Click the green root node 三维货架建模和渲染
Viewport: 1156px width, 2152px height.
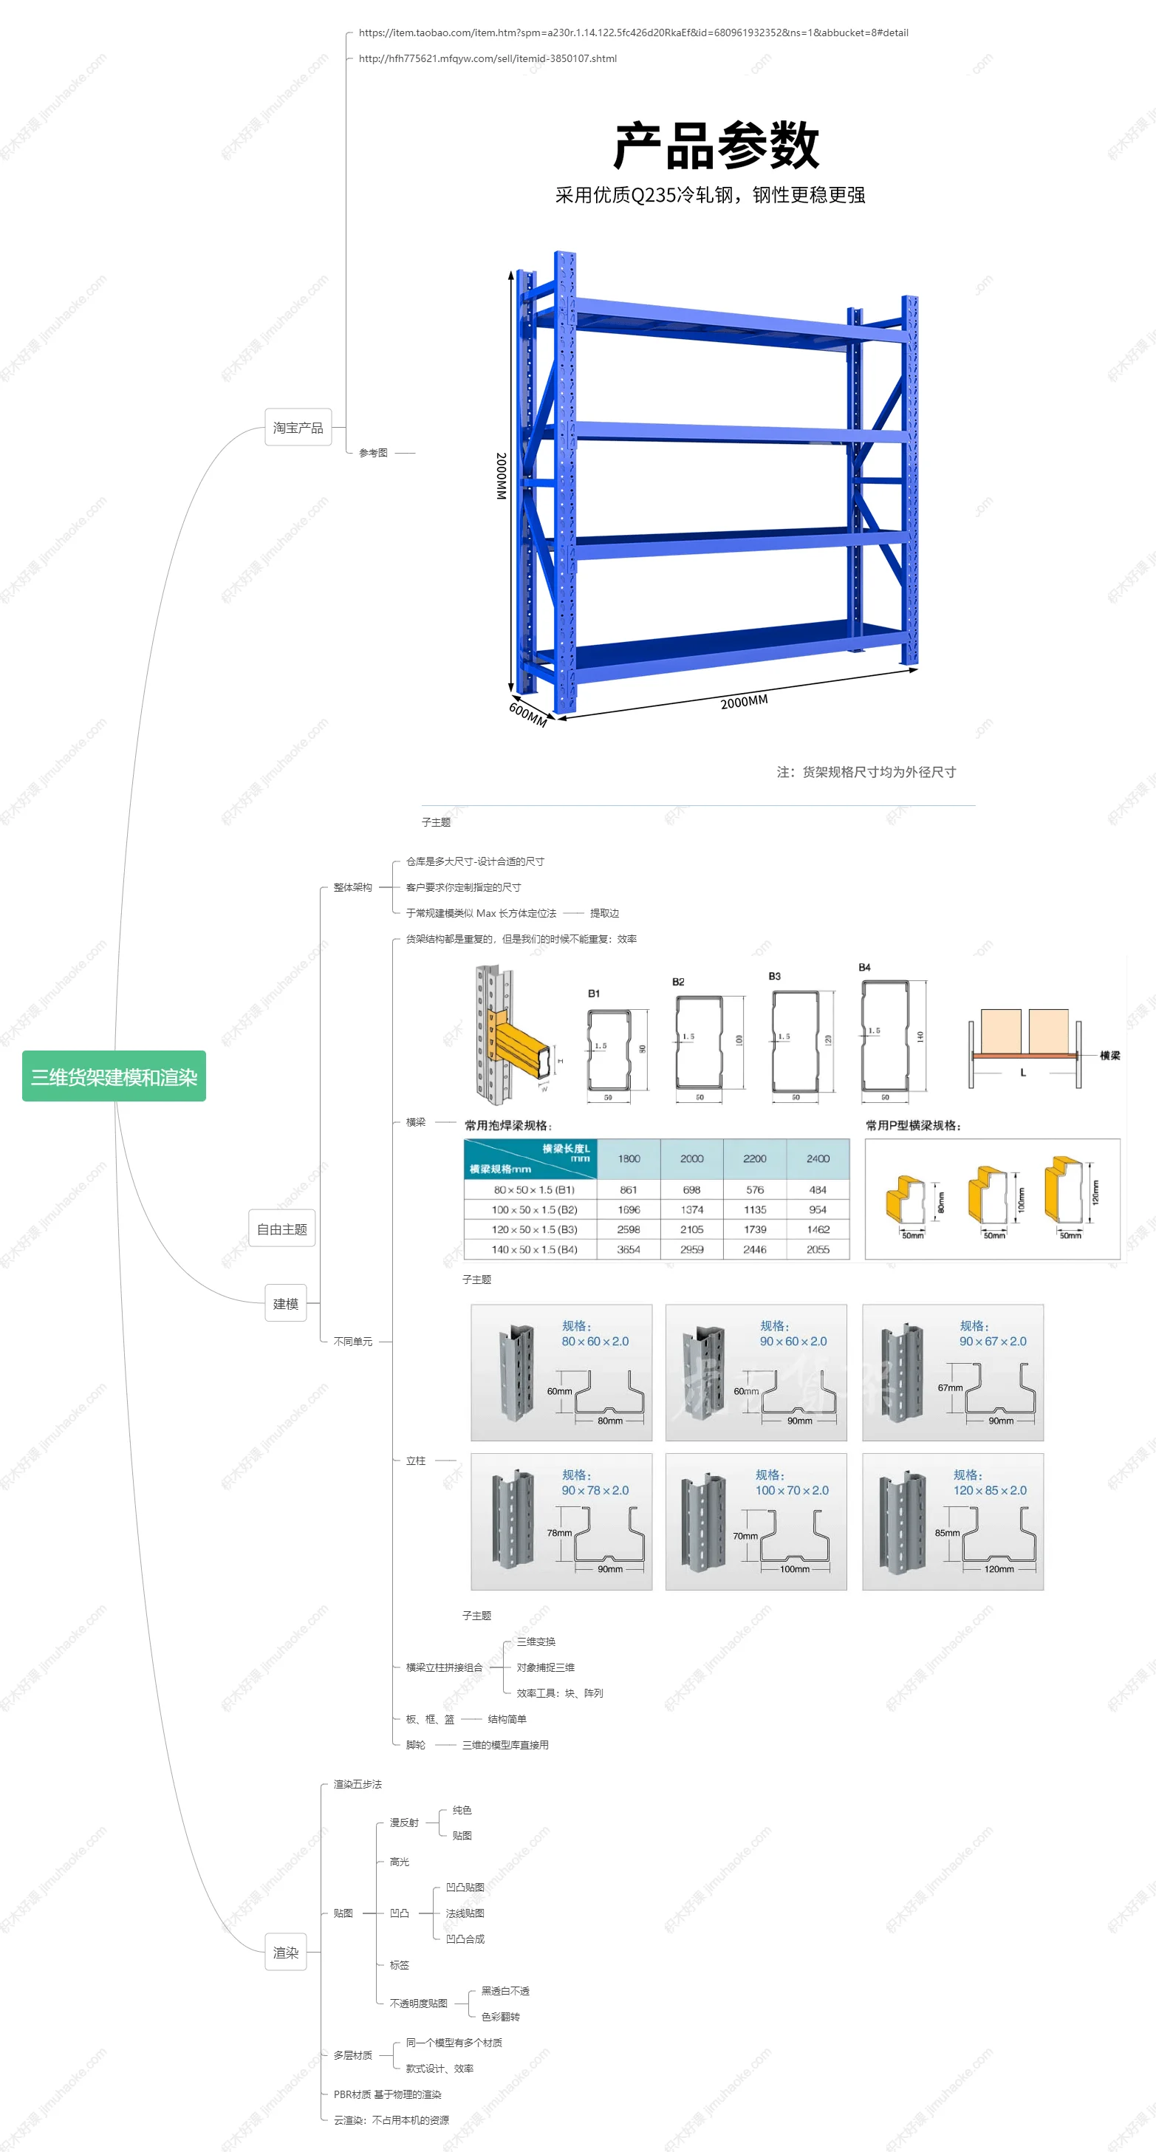point(114,1077)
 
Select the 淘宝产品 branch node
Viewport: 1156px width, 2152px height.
point(298,428)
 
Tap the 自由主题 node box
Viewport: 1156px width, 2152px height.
point(281,1229)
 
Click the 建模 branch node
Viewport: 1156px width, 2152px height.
point(286,1303)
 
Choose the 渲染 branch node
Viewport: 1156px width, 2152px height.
point(286,1953)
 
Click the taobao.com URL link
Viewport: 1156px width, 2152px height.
point(633,33)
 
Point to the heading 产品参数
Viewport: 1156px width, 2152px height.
point(716,146)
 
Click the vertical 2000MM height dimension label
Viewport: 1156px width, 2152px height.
point(501,476)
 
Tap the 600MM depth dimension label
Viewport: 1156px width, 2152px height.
point(528,714)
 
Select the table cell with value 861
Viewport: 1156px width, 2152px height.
point(628,1189)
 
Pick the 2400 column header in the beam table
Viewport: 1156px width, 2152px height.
point(818,1158)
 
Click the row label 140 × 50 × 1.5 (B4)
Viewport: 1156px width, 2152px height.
point(534,1250)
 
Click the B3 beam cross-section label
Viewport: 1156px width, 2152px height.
point(774,976)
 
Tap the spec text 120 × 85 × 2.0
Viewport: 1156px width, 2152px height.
point(990,1490)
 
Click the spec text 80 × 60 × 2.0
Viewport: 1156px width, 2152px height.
point(595,1341)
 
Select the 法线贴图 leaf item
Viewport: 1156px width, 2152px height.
point(465,1913)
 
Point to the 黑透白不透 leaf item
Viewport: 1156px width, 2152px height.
point(505,1991)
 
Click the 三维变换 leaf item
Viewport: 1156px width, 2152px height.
point(536,1642)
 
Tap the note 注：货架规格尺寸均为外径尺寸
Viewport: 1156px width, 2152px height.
point(866,772)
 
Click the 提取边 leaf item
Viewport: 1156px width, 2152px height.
point(604,913)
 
